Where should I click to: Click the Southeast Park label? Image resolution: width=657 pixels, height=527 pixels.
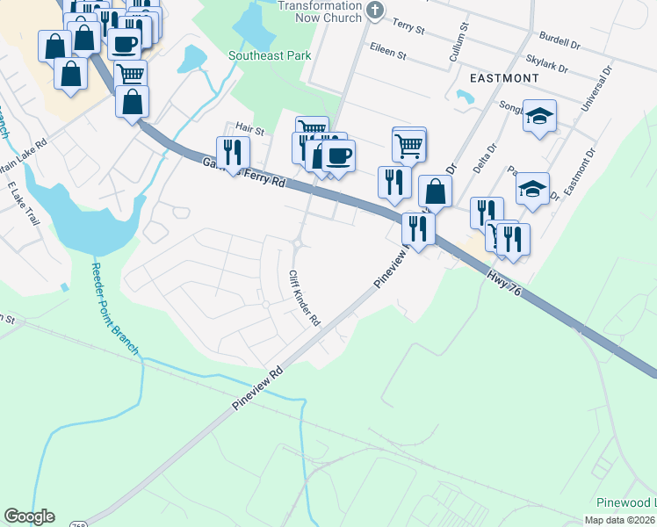[x=270, y=55]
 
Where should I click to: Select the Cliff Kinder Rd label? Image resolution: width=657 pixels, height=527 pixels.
[x=304, y=299]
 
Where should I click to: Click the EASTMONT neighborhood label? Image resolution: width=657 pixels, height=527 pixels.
[x=504, y=78]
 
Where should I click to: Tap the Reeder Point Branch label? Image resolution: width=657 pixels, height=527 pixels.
[x=115, y=308]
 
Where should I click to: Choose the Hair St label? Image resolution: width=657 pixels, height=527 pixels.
[x=249, y=129]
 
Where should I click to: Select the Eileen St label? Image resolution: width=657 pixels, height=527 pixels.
[x=388, y=54]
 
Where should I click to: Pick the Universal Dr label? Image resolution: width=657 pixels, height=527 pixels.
[x=595, y=87]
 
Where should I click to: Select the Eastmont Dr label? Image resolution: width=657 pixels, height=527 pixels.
[x=580, y=172]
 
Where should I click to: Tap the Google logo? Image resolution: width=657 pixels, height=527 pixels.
[x=29, y=516]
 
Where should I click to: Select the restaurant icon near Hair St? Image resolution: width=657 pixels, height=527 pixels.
[x=232, y=150]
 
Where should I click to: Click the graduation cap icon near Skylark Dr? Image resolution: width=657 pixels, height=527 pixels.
[x=539, y=116]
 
